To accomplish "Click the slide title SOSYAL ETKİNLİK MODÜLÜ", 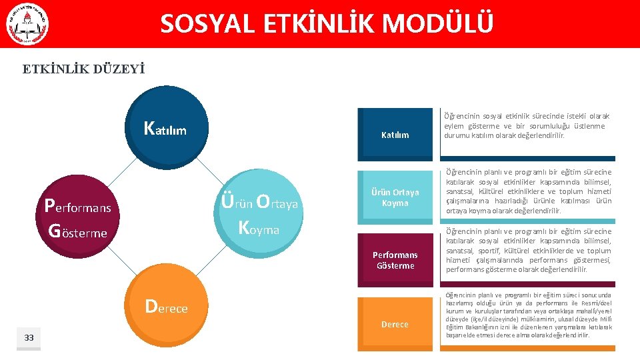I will pos(327,25).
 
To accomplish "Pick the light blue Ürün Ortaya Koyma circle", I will pos(260,213).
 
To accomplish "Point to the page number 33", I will pos(29,338).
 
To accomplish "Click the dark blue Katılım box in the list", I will pos(395,135).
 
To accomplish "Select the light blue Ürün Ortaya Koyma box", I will pos(395,197).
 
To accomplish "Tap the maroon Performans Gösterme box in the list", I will pos(395,260).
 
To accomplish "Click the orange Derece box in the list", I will pos(395,324).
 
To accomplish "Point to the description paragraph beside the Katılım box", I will pos(527,125).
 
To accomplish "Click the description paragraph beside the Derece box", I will pos(528,315).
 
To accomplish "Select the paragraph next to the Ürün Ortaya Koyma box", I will pos(528,191).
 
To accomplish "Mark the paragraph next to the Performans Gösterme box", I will pos(528,251).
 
